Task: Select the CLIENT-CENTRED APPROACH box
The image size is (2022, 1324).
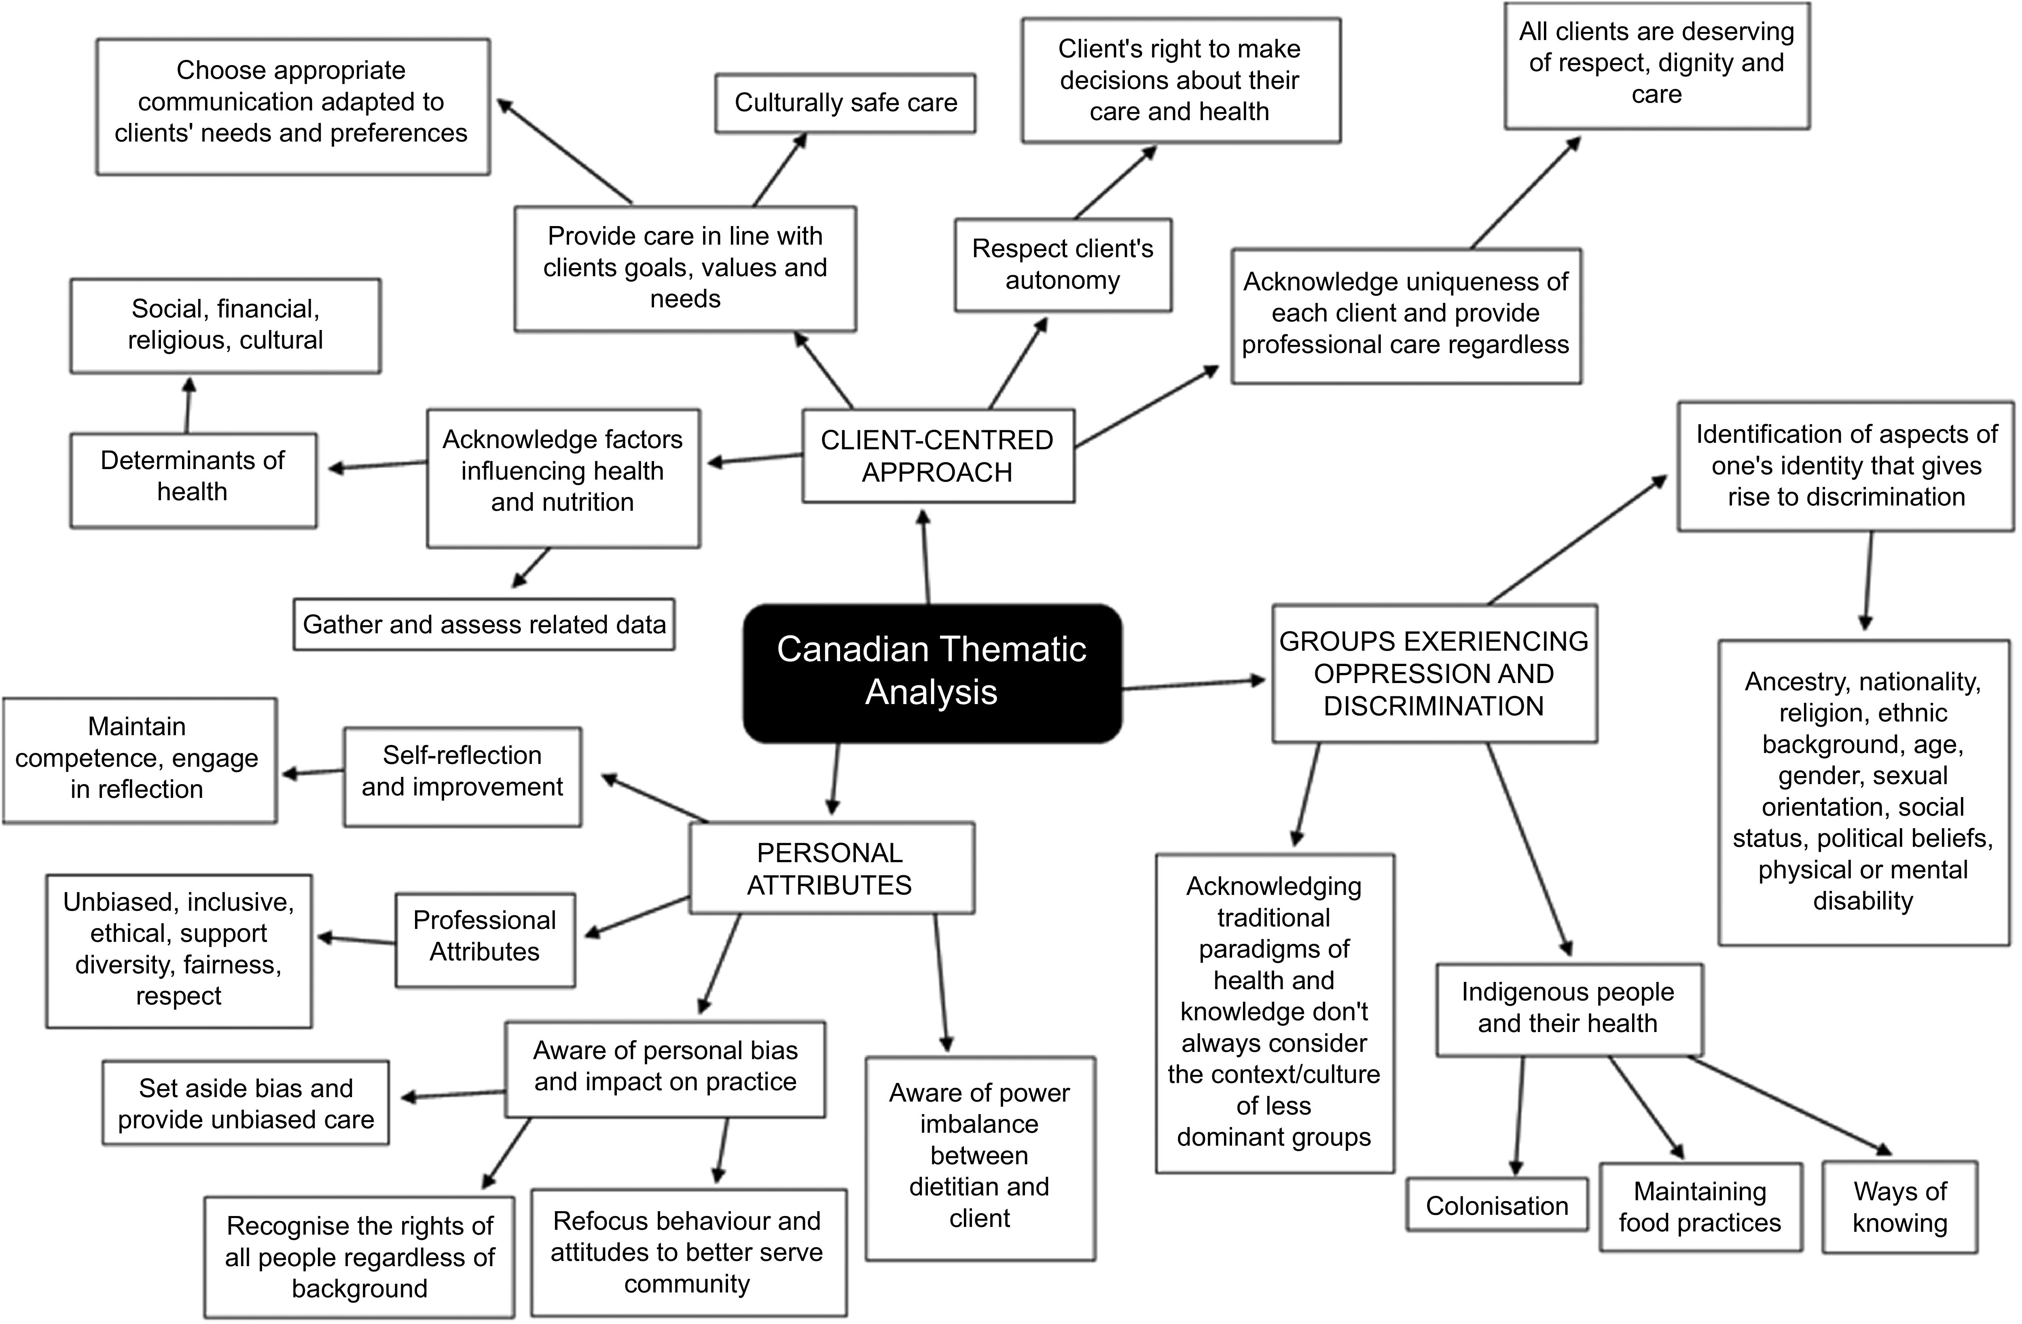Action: (x=938, y=456)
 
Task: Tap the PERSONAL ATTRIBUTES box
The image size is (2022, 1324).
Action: (x=831, y=868)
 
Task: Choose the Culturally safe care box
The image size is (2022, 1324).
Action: (x=845, y=103)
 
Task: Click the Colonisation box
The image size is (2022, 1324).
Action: (x=1497, y=1204)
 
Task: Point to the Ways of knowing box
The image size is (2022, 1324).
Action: (x=1900, y=1207)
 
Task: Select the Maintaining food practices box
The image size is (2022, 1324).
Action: (x=1700, y=1207)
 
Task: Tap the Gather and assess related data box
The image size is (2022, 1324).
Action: (x=484, y=624)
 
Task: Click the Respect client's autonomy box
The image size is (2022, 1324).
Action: (x=1063, y=265)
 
